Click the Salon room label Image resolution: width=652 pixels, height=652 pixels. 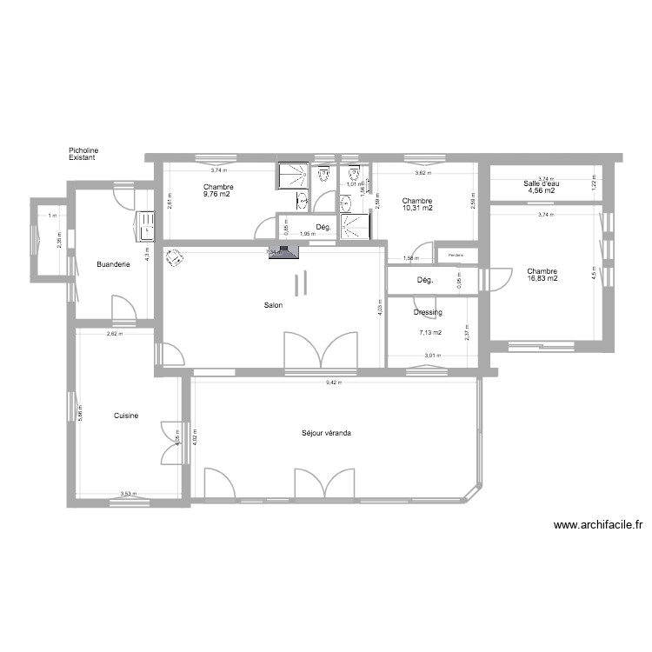click(273, 305)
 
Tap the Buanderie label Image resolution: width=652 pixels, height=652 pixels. click(113, 264)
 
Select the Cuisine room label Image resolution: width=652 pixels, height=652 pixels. click(125, 416)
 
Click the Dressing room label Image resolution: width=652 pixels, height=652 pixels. click(428, 312)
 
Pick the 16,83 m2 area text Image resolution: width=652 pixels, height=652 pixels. click(542, 279)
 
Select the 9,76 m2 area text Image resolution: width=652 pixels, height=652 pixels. click(218, 195)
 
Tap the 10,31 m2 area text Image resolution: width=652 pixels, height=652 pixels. click(416, 209)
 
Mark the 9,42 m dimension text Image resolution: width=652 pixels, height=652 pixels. click(334, 383)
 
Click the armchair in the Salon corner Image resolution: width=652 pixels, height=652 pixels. click(176, 258)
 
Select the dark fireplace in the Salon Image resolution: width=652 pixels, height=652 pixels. click(283, 253)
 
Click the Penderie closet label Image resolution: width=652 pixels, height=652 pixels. click(456, 255)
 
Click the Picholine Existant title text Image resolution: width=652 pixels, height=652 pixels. click(83, 154)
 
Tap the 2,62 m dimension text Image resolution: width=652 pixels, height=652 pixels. click(113, 334)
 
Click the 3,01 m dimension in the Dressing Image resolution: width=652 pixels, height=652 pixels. click(432, 355)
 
